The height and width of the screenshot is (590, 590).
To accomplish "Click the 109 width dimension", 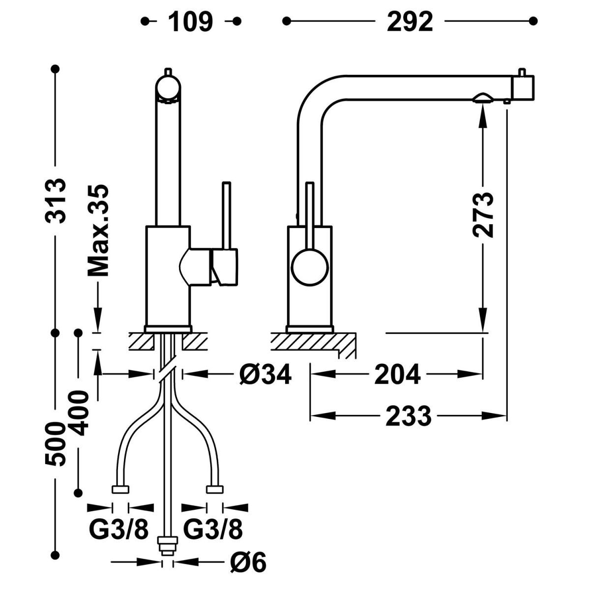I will [x=191, y=22].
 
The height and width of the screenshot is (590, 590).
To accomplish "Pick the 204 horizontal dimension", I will [x=397, y=375].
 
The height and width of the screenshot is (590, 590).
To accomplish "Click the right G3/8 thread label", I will [x=213, y=530].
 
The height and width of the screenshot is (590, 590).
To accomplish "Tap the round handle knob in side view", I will [x=309, y=267].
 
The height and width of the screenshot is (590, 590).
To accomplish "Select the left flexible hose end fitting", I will [x=120, y=489].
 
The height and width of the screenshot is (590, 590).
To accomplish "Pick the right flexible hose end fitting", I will [x=214, y=489].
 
